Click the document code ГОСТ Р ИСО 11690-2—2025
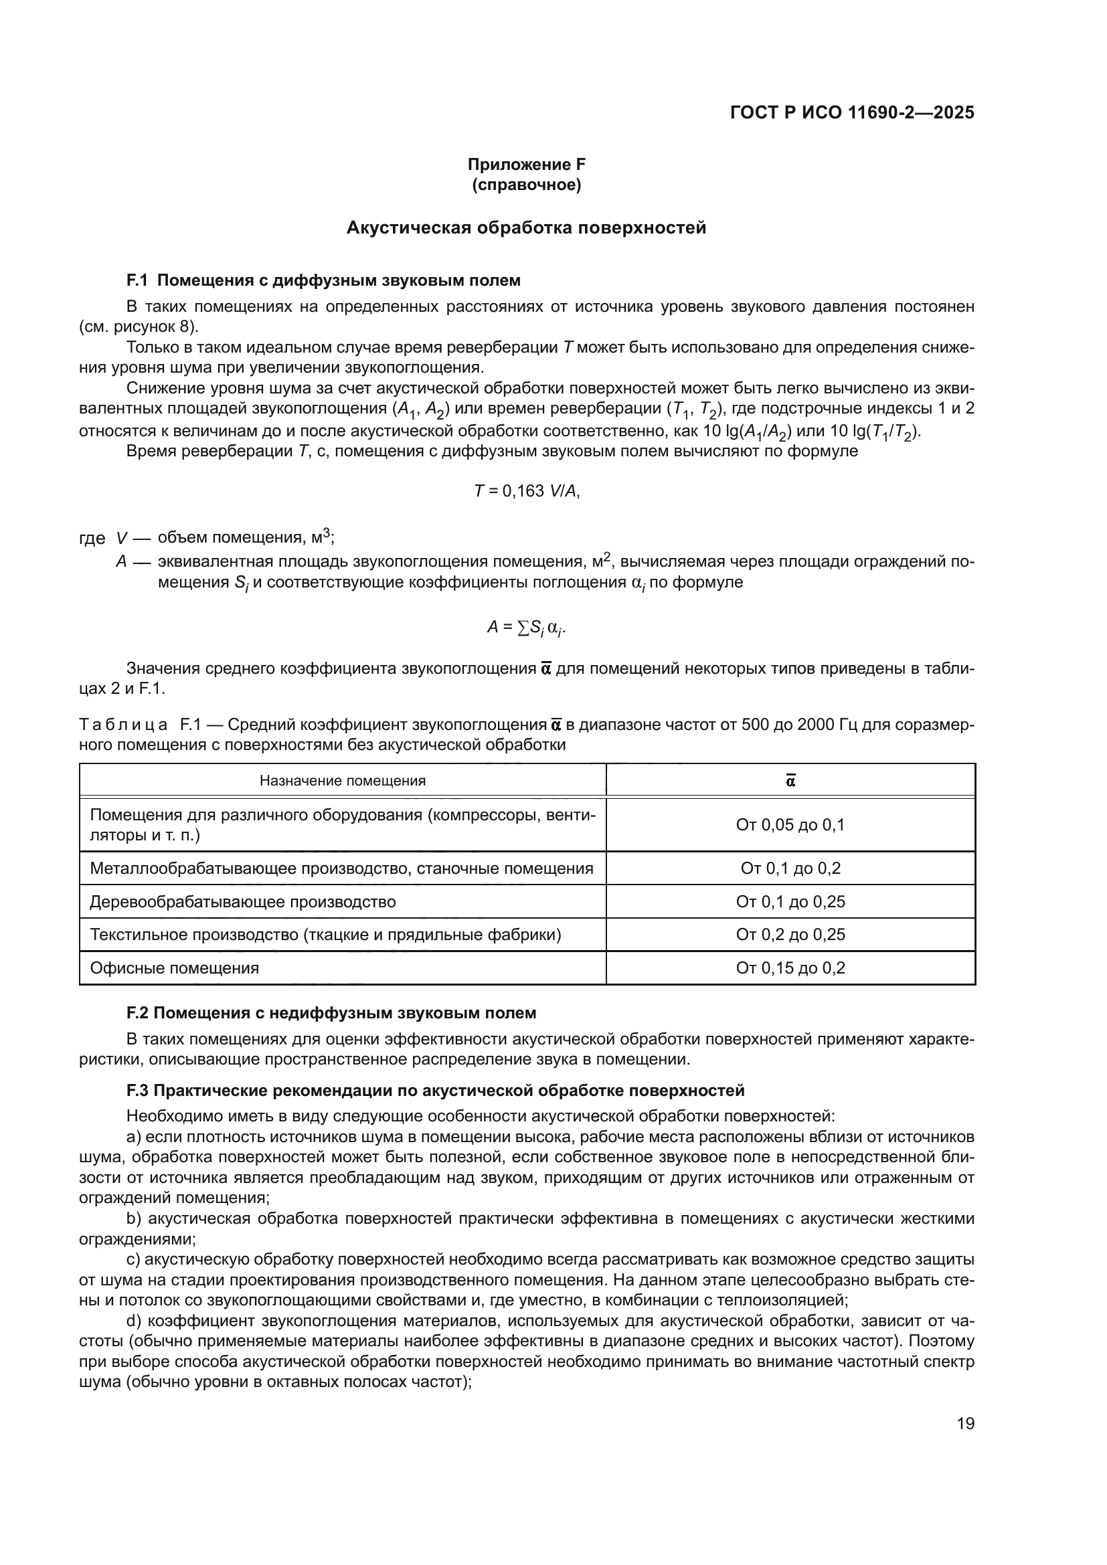point(851,112)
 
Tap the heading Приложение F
point(526,165)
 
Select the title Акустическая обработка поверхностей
point(526,227)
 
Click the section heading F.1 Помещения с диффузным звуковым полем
point(323,280)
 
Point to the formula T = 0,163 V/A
point(526,490)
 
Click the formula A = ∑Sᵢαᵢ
point(526,628)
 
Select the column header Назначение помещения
point(342,780)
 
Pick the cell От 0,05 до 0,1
point(790,825)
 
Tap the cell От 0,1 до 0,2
point(790,868)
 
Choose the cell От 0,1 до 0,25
point(790,902)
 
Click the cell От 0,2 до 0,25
point(790,935)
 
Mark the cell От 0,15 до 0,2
point(790,968)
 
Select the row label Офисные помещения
point(175,968)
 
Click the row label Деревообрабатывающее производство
point(243,902)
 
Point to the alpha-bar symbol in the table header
point(790,780)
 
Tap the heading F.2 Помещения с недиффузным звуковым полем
point(331,1013)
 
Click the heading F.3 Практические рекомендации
point(435,1091)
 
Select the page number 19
point(965,1423)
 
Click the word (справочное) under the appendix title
point(526,185)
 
